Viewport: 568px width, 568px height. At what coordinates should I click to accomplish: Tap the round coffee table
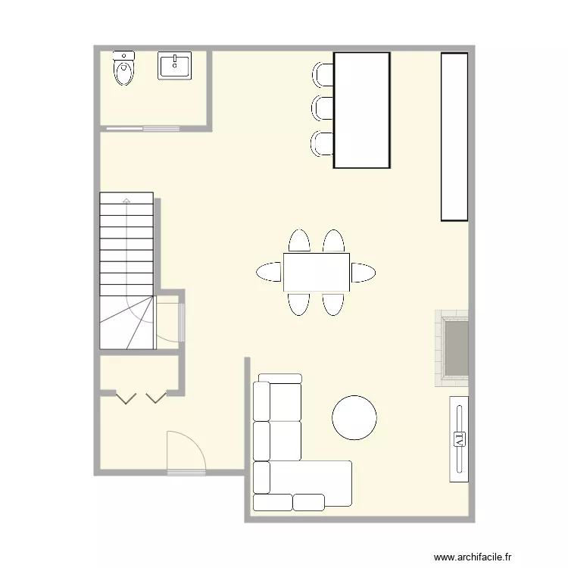point(354,417)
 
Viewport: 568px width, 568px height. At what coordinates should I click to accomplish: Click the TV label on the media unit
point(458,438)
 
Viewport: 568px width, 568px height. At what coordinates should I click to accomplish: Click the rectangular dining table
point(317,272)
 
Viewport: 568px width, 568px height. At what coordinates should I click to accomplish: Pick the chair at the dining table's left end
point(270,272)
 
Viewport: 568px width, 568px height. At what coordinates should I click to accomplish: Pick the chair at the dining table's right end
point(363,272)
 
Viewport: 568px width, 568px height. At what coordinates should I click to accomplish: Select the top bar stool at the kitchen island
point(323,73)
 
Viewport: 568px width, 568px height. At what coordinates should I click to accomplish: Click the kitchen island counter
point(362,110)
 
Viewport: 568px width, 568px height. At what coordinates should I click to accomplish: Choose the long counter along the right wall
point(454,136)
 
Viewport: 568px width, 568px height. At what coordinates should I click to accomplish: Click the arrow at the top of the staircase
point(126,201)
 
